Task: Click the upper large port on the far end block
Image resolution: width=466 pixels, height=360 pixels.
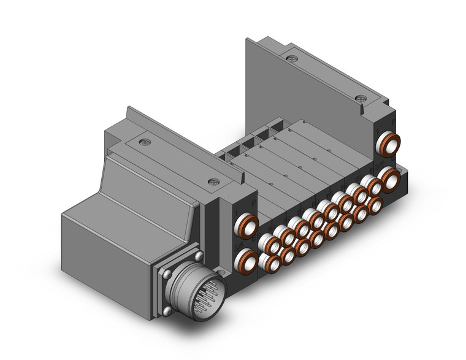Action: [x=389, y=145]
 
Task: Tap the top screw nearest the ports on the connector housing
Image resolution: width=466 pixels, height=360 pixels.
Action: [x=213, y=182]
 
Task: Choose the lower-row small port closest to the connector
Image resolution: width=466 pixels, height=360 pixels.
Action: [x=272, y=262]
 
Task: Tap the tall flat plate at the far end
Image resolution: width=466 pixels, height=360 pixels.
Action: [x=307, y=92]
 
